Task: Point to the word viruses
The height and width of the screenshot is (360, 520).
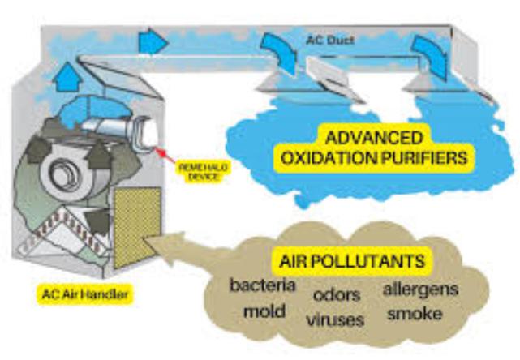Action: point(336,319)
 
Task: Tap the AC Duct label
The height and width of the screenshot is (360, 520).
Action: point(329,38)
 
